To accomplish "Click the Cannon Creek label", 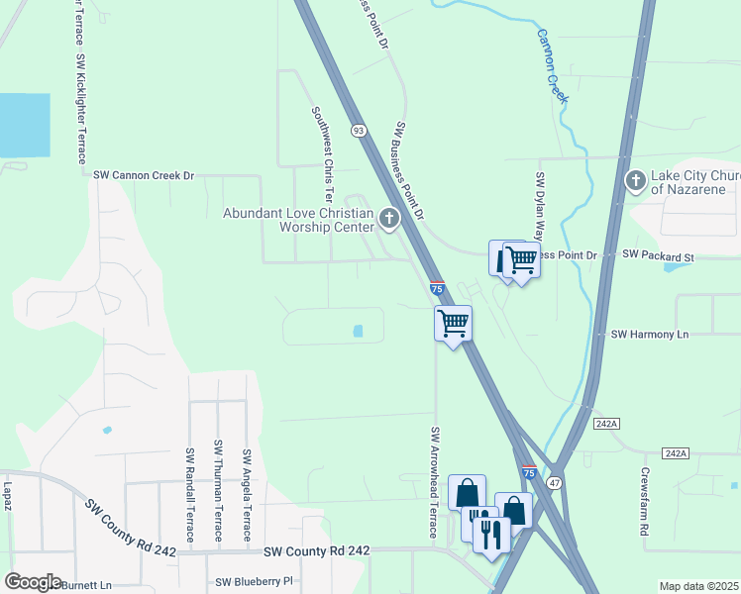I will (x=552, y=65).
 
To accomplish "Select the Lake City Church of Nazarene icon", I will (x=635, y=180).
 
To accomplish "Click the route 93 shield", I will (x=359, y=130).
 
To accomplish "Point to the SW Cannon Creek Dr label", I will (x=145, y=175).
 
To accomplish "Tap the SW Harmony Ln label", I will (x=649, y=335).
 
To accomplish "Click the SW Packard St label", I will (x=659, y=255).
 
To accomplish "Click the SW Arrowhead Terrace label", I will (x=433, y=482).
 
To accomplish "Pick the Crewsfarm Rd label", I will (x=644, y=501).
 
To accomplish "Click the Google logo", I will (x=32, y=582).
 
